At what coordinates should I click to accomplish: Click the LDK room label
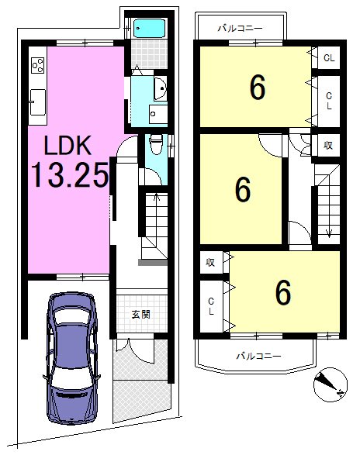67,145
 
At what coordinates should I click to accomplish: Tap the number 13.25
70,174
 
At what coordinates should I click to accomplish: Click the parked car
71,358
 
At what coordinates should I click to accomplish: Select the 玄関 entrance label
141,314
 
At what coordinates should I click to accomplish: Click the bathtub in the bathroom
149,28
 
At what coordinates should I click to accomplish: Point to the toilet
156,144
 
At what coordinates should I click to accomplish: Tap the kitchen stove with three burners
38,65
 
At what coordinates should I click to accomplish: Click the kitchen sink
38,102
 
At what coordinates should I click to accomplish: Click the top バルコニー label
241,28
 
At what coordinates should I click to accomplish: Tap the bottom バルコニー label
258,356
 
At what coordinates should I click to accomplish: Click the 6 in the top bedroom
258,87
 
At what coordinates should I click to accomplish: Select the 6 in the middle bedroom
243,189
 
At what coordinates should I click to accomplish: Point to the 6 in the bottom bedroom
282,292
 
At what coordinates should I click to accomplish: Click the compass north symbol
331,384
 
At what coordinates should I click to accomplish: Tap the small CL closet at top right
329,58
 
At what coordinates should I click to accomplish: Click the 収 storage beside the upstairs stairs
328,145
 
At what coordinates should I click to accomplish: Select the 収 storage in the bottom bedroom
210,262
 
